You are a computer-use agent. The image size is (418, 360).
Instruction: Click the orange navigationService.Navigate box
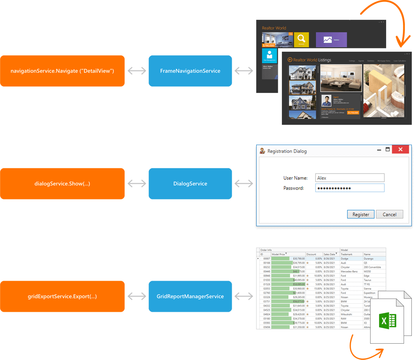pos(62,71)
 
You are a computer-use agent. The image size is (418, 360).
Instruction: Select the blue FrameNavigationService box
pos(190,71)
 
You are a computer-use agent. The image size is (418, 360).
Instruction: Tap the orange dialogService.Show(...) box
pos(62,183)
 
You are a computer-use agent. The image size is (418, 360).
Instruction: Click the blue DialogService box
pos(190,183)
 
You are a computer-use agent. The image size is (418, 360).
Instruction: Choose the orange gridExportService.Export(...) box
pos(62,296)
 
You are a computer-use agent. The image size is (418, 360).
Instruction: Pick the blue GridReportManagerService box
pos(190,296)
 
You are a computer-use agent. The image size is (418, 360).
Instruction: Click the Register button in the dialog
pos(360,214)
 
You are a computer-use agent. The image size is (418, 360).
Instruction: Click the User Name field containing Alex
pos(350,178)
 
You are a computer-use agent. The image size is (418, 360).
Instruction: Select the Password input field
pos(350,188)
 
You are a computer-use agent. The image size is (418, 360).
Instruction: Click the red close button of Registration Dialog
pos(400,150)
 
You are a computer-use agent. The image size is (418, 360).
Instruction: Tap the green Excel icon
pos(388,321)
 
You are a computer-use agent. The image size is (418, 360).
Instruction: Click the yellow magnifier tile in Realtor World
pos(301,40)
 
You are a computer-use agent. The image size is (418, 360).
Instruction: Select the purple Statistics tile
pos(331,40)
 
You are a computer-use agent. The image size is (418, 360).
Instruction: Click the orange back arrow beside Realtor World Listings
pos(290,60)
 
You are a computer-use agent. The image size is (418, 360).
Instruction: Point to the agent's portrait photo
pos(326,101)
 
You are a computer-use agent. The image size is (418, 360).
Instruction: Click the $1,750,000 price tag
pos(353,113)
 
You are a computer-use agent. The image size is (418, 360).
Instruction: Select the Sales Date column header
pos(330,254)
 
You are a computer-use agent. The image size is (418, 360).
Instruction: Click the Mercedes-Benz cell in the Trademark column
pos(349,271)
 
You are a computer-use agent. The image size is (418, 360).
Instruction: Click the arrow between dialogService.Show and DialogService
pos(137,183)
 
